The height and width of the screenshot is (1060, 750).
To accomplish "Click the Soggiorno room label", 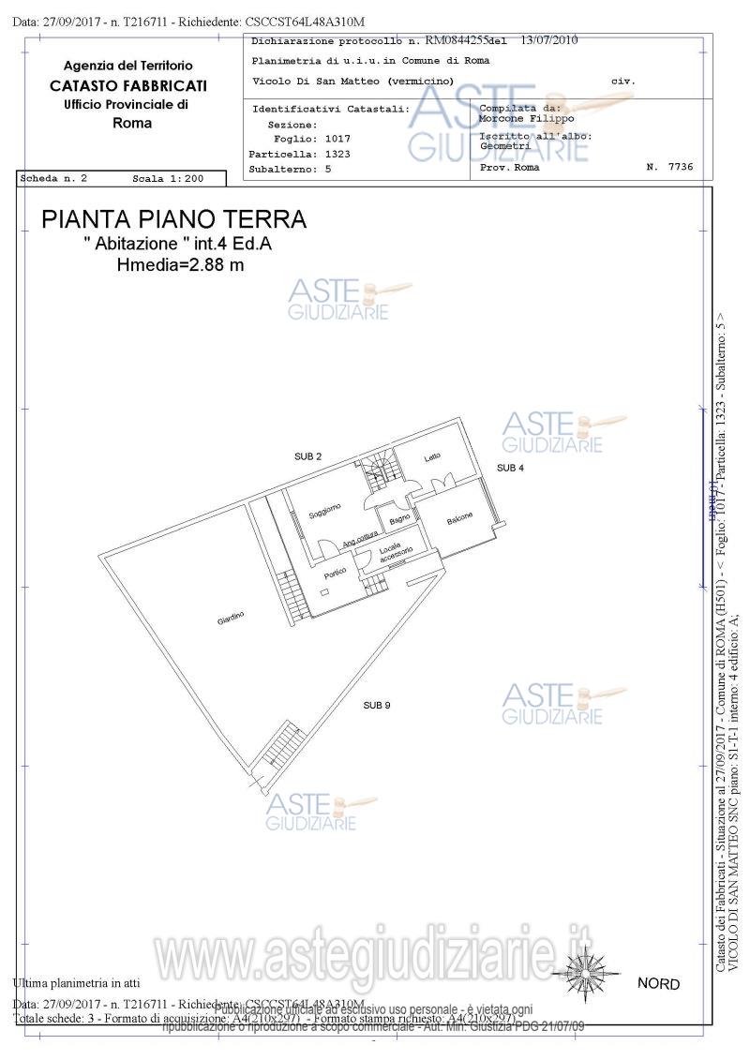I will click(x=324, y=512).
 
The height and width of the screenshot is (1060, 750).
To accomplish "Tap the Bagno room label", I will click(x=399, y=518).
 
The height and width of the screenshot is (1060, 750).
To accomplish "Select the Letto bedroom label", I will click(x=432, y=458).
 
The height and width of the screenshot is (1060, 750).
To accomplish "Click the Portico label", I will click(x=335, y=571).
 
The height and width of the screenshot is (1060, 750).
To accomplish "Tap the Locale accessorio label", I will click(x=395, y=553).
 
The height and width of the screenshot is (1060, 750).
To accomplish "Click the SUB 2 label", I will click(x=307, y=456).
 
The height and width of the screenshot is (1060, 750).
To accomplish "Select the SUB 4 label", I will click(x=510, y=467).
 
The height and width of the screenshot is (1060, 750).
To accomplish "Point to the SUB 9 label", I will click(x=377, y=705).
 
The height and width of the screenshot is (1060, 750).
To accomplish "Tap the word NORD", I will click(x=658, y=984).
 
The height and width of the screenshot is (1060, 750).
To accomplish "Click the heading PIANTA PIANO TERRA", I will click(x=173, y=219).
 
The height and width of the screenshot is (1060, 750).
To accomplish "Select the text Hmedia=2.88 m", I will click(x=180, y=265).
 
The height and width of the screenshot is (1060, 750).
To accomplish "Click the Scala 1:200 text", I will click(x=166, y=178).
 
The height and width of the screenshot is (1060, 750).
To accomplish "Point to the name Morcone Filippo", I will click(x=526, y=119).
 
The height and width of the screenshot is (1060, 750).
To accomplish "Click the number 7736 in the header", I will click(x=680, y=167).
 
